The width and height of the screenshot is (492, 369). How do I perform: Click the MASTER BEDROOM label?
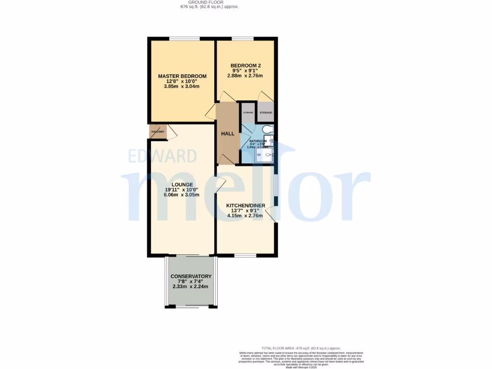(x=182, y=76)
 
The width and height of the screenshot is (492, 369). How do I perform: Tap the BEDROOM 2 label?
(x=246, y=65)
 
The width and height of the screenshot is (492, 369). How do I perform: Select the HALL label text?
(x=228, y=134)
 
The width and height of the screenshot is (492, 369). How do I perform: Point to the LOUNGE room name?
(x=182, y=184)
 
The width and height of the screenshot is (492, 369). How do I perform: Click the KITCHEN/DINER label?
(x=246, y=206)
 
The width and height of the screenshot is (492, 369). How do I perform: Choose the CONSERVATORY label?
(x=191, y=276)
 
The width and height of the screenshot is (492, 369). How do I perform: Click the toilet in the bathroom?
(x=269, y=129)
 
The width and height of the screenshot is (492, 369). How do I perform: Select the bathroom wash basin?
(x=271, y=140)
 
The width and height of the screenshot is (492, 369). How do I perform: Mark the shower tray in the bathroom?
(x=265, y=155)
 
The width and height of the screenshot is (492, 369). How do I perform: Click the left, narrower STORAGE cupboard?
(x=248, y=112)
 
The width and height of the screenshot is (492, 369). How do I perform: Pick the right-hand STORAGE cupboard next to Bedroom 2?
(x=266, y=112)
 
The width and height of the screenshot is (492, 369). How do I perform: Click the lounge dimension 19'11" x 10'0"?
(x=182, y=190)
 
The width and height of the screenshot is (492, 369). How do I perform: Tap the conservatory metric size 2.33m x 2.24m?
(x=191, y=287)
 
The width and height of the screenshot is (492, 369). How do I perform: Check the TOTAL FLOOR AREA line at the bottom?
(x=301, y=348)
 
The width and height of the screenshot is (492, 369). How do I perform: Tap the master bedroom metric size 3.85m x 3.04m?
(x=182, y=86)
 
